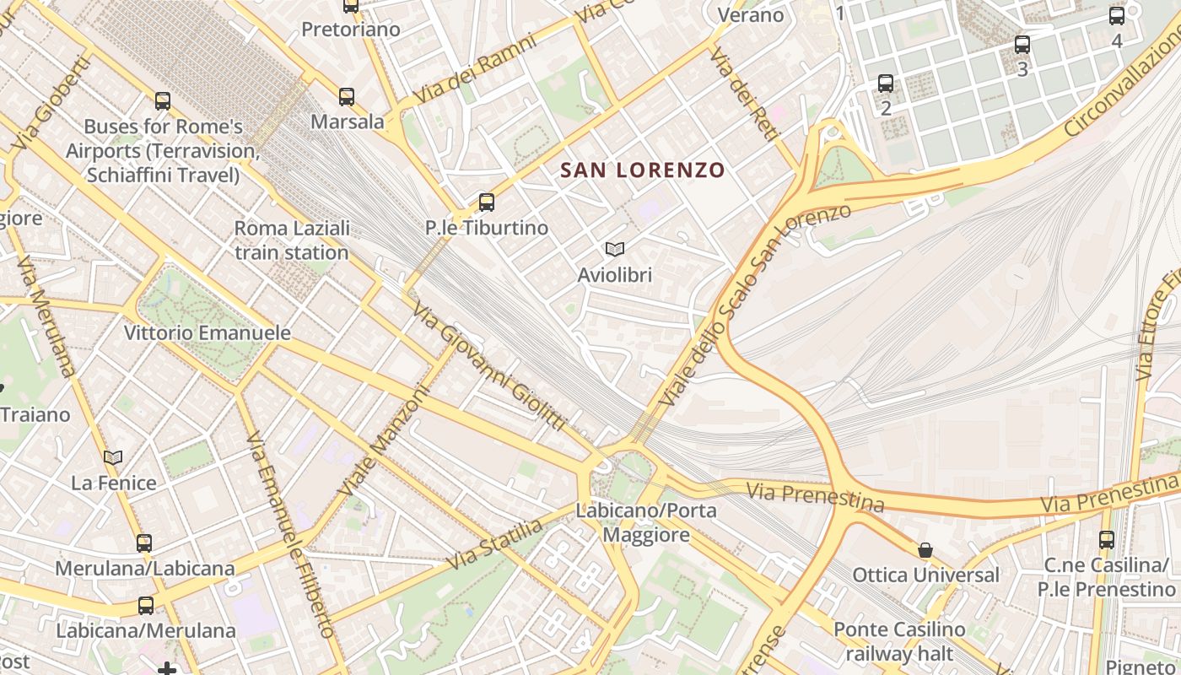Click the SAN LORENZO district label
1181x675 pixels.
[x=643, y=170]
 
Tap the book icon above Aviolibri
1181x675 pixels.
[x=615, y=249]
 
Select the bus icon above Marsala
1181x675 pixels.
[x=347, y=96]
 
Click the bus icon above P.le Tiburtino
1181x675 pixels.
[x=487, y=202]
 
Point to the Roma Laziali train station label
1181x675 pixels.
[x=292, y=240]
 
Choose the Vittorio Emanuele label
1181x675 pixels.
[x=208, y=333]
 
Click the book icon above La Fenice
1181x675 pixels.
[x=113, y=458]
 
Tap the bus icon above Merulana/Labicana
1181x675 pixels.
[x=144, y=543]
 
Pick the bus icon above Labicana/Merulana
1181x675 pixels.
[x=146, y=605]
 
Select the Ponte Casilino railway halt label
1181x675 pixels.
[x=899, y=641]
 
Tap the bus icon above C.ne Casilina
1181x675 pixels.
[x=1107, y=539]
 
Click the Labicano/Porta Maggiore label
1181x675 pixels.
[x=646, y=523]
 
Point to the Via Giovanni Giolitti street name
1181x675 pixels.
[x=489, y=367]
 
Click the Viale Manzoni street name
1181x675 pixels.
[x=384, y=441]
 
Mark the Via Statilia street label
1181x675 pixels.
[x=495, y=544]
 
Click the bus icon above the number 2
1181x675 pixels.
[x=886, y=83]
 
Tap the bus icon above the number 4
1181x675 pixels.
[x=1117, y=15]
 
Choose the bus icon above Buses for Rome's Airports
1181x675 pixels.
[x=163, y=101]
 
